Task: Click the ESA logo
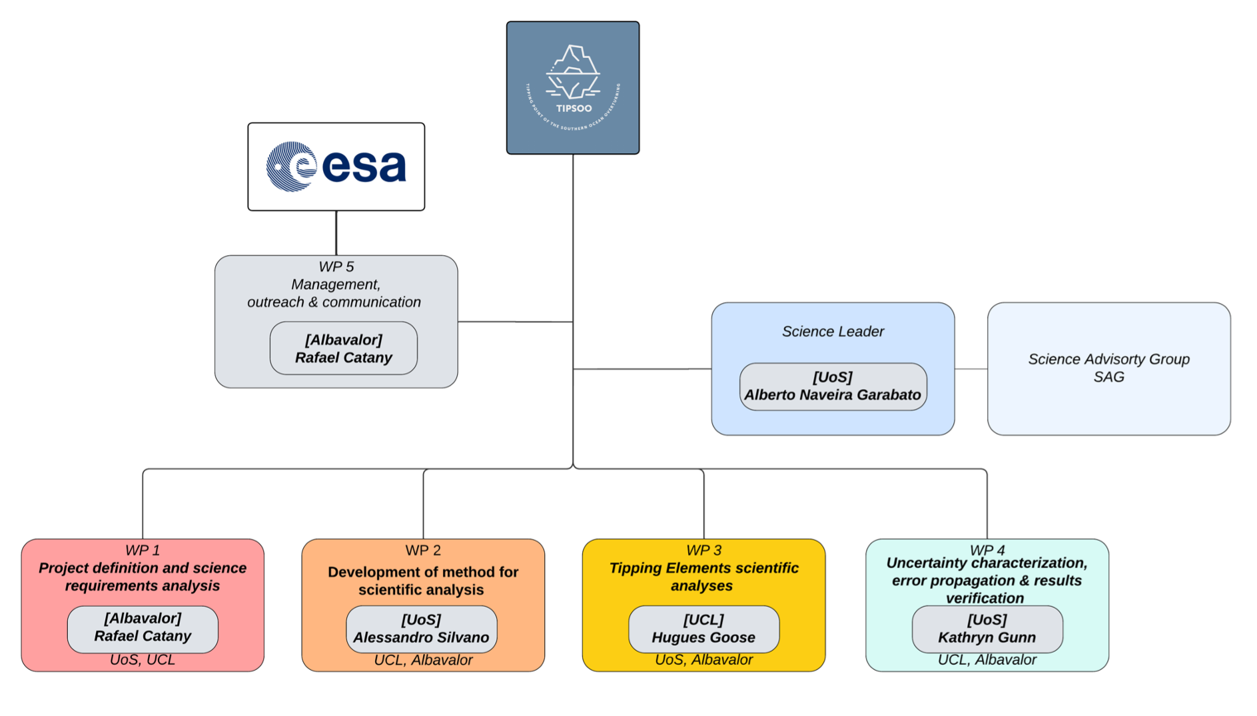tap(336, 167)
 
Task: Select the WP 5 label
tap(336, 267)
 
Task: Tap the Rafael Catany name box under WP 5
tap(343, 348)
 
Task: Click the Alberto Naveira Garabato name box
tap(833, 386)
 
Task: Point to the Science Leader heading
tap(833, 332)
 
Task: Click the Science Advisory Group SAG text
tap(1108, 368)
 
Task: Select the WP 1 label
tap(143, 551)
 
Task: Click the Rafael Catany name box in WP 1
tap(143, 628)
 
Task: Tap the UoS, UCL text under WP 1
tap(143, 660)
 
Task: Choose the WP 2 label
tap(423, 551)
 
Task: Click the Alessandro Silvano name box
tap(421, 629)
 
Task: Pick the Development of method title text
tap(422, 581)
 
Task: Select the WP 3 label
tap(703, 551)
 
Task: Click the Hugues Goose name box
tap(703, 629)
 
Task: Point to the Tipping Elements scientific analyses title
tap(703, 577)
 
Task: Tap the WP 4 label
tap(987, 549)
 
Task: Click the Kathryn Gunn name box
tap(987, 629)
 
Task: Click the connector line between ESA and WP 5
tap(336, 233)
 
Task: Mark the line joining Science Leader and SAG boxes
tap(971, 369)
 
